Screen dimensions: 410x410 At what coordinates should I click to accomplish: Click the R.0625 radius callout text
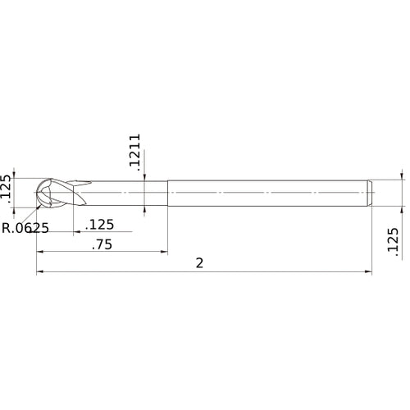(25, 228)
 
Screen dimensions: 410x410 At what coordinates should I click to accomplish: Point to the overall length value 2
(199, 262)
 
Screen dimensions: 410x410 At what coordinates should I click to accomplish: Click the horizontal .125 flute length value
(100, 224)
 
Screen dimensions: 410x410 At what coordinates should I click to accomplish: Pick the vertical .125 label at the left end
(7, 188)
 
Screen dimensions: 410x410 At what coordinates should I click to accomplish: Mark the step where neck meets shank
(167, 192)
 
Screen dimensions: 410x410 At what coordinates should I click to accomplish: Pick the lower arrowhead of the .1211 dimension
(143, 207)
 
